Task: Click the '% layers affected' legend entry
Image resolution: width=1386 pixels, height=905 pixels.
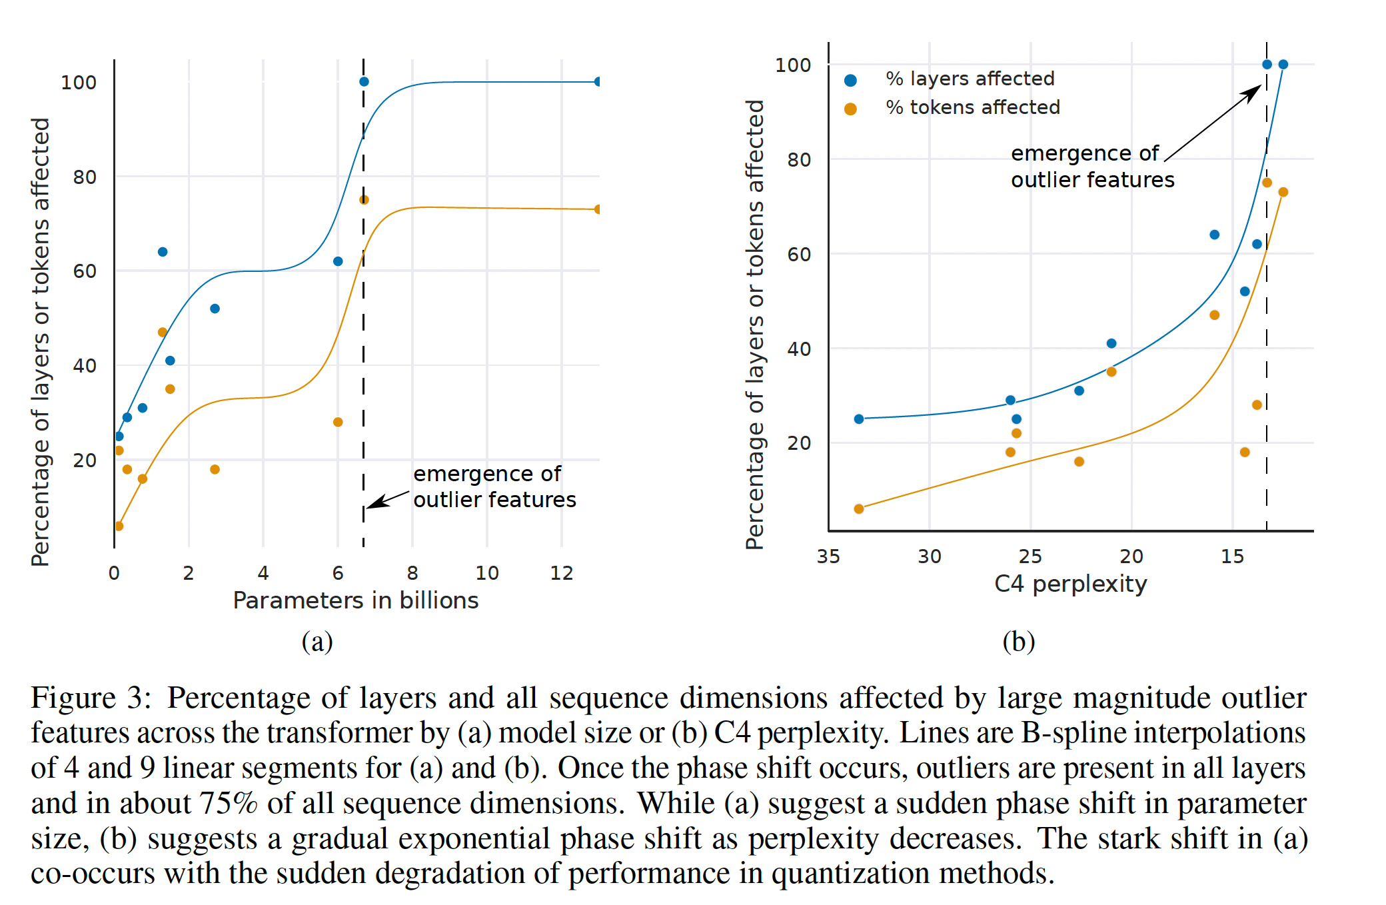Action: click(969, 79)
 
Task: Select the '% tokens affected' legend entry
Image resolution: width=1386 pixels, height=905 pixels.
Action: click(972, 108)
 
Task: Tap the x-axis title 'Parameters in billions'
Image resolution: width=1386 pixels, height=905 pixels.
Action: click(355, 600)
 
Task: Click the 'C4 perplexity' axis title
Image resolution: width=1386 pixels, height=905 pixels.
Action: click(1070, 584)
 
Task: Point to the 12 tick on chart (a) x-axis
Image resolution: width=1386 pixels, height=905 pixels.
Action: click(561, 573)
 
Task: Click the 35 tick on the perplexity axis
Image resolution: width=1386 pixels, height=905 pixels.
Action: click(828, 556)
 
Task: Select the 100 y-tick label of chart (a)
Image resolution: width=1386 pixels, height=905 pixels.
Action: click(79, 83)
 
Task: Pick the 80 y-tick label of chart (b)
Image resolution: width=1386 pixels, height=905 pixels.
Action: click(799, 160)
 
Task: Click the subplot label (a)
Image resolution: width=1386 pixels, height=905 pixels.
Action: click(317, 642)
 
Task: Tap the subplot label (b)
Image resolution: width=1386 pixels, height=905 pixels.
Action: click(1018, 642)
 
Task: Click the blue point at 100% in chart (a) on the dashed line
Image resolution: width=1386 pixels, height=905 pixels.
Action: click(364, 82)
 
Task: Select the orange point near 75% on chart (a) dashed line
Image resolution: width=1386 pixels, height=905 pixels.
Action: click(364, 200)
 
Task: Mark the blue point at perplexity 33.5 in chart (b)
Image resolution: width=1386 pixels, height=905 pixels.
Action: click(859, 419)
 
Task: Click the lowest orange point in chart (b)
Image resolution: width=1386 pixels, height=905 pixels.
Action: click(859, 509)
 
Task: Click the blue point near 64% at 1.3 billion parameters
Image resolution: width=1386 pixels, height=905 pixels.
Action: click(163, 252)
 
